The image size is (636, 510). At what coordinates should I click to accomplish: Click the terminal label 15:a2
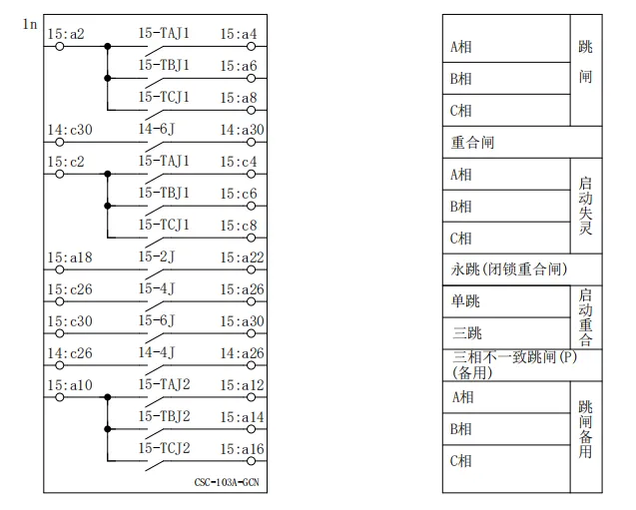66,34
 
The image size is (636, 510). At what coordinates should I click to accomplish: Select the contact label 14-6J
157,129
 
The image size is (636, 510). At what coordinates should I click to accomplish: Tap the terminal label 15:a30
242,320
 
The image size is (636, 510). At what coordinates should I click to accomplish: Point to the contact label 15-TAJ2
164,384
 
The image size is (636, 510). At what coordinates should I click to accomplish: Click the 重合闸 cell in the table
472,143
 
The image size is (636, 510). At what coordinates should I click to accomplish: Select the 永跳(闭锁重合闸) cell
509,269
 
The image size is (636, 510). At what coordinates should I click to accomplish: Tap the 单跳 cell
465,301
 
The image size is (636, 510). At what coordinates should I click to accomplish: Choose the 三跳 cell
465,333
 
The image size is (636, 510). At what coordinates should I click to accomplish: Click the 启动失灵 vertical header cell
586,206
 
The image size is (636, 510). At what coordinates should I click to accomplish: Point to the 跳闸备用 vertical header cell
586,429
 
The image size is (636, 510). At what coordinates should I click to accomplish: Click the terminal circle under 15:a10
59,397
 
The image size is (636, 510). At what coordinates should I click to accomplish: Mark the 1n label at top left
30,22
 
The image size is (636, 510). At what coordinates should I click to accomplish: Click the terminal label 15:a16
242,448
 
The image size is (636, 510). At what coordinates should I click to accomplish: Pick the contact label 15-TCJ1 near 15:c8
164,225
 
